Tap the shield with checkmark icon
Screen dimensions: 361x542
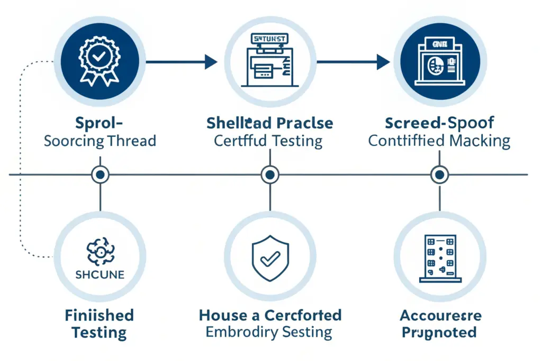(270, 258)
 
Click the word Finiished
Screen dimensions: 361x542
(100, 316)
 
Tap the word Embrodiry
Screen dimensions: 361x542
(238, 332)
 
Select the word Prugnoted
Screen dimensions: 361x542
(439, 332)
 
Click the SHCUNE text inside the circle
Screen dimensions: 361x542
(100, 274)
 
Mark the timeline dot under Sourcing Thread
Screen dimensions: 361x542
(100, 174)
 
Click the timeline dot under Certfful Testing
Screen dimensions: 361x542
(270, 174)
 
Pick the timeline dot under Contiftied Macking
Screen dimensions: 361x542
(439, 174)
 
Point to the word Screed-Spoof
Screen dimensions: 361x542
(439, 124)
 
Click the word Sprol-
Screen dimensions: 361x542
(100, 124)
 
